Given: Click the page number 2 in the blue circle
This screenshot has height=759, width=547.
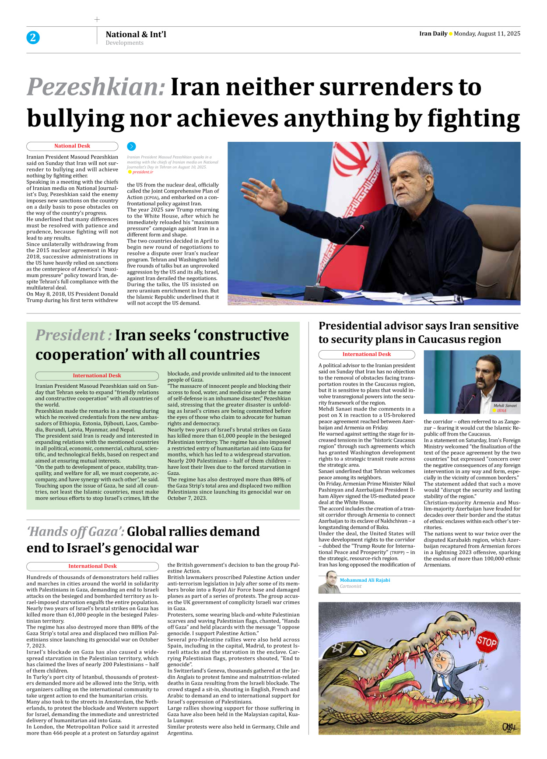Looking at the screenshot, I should pyautogui.click(x=33, y=38).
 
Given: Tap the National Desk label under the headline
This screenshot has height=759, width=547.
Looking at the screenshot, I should pyautogui.click(x=72, y=146).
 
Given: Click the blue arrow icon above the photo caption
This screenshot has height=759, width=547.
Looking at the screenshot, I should pyautogui.click(x=131, y=147).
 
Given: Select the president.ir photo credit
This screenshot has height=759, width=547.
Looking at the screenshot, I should pyautogui.click(x=143, y=172).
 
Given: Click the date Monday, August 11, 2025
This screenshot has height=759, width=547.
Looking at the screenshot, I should pyautogui.click(x=487, y=34).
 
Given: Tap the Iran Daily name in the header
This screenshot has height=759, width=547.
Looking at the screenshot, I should pyautogui.click(x=433, y=34).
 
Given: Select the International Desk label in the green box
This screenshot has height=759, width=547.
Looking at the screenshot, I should pyautogui.click(x=97, y=376).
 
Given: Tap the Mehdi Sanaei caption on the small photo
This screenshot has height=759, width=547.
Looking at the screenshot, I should pyautogui.click(x=505, y=406).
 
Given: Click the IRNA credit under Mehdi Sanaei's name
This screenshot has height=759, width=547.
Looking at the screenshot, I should pyautogui.click(x=501, y=411).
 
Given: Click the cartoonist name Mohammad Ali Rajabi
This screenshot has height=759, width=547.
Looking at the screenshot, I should pyautogui.click(x=365, y=580).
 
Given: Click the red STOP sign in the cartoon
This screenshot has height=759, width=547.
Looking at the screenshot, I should pyautogui.click(x=487, y=642).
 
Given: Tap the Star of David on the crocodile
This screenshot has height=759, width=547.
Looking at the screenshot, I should pyautogui.click(x=338, y=647).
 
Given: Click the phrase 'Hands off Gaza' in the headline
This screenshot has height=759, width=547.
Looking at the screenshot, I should pyautogui.click(x=75, y=532).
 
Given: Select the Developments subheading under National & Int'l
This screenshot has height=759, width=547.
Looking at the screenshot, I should pyautogui.click(x=124, y=43).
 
